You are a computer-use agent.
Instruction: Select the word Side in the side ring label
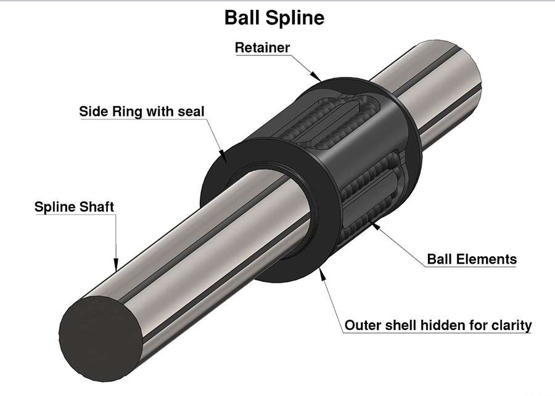[92, 112]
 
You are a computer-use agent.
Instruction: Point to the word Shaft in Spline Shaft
[96, 207]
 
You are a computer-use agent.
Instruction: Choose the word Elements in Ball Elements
[486, 259]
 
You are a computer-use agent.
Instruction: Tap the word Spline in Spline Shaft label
[54, 207]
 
